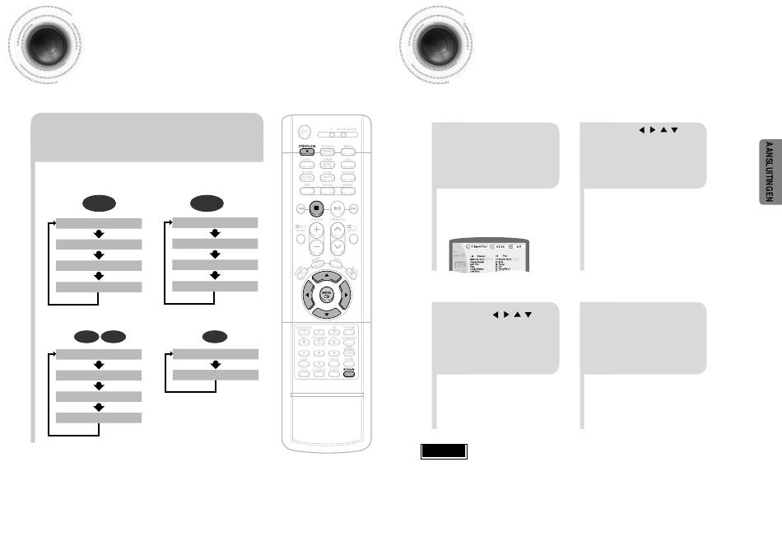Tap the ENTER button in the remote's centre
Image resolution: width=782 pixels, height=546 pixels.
(327, 292)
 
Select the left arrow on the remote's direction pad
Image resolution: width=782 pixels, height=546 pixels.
(307, 292)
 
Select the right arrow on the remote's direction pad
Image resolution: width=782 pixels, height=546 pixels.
(347, 292)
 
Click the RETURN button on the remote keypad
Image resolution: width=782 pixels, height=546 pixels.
(350, 371)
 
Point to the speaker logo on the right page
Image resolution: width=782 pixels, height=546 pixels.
(435, 42)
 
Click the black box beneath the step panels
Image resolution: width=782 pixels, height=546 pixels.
(444, 451)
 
